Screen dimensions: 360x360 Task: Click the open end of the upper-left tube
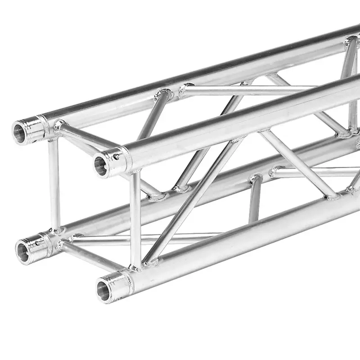21,132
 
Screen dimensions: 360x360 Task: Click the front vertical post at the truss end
135,220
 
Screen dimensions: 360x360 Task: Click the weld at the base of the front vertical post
135,268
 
